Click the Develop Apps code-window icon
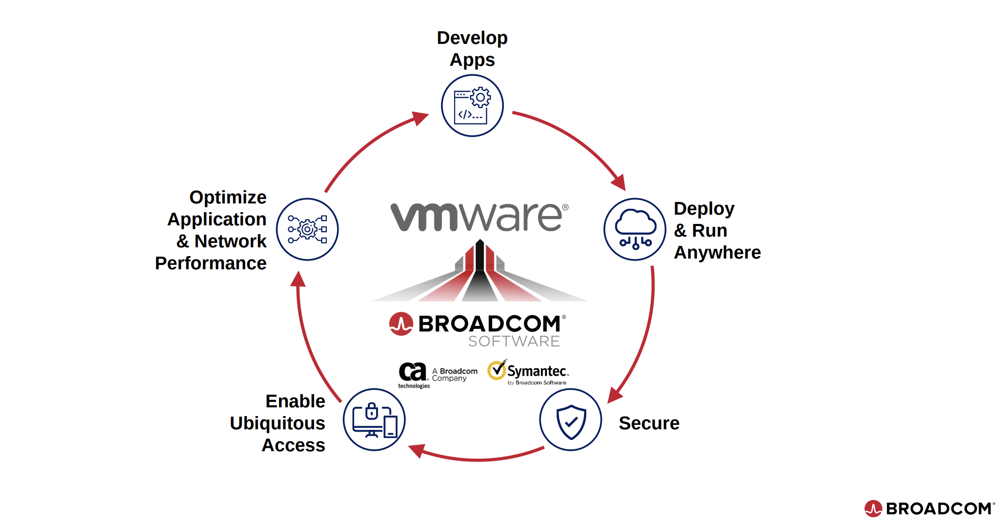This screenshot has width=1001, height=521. (x=472, y=106)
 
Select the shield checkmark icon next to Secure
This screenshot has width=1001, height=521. (x=570, y=420)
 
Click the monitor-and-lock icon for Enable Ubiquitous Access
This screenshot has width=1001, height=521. (x=374, y=420)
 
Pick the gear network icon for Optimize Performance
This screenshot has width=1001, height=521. (x=307, y=229)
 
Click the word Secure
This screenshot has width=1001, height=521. (x=648, y=423)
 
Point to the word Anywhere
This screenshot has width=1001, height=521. (x=717, y=252)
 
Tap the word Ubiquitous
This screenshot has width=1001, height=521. (x=277, y=423)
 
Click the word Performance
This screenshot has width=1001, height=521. (x=210, y=263)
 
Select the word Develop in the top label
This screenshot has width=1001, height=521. (x=472, y=38)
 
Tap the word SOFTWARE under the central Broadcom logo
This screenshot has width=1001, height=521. (x=514, y=341)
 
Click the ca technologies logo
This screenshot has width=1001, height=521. (x=413, y=374)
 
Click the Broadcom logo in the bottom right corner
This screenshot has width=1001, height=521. (x=929, y=508)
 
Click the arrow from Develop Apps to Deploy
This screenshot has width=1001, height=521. (x=576, y=141)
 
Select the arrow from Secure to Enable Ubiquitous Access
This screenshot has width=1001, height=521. (x=478, y=459)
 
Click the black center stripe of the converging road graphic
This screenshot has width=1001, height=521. (x=480, y=273)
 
